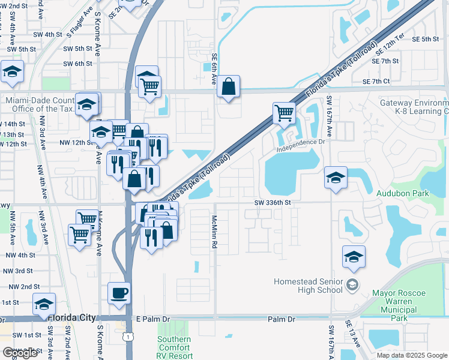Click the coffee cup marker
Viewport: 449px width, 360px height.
point(119,293)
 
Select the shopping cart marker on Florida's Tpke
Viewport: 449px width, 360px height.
point(283,112)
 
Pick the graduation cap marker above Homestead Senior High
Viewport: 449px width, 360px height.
point(354,257)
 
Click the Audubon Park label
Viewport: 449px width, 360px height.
point(402,194)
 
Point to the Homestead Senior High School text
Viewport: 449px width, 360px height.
point(308,286)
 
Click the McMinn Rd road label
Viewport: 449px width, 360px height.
point(213,232)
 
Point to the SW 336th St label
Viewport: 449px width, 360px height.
point(271,203)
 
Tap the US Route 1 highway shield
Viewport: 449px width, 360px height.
point(129,338)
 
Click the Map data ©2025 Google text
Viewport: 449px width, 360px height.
point(411,355)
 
